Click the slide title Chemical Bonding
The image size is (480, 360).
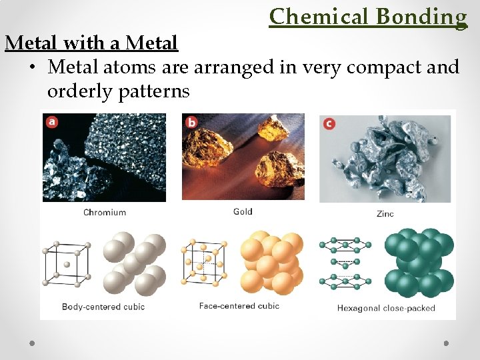(x=368, y=16)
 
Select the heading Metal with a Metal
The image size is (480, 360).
(x=91, y=43)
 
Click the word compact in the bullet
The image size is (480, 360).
(x=372, y=67)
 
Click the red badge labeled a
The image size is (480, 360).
(x=51, y=121)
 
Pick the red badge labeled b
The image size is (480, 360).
(x=192, y=122)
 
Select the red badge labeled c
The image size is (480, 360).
(x=329, y=123)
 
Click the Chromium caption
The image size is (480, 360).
(x=105, y=213)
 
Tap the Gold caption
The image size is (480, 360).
(x=243, y=212)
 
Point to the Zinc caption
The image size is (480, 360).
(x=385, y=213)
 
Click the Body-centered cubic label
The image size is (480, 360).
(x=103, y=307)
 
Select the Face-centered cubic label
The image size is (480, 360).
(x=239, y=306)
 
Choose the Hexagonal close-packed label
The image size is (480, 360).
(x=386, y=308)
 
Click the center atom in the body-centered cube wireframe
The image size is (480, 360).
(x=66, y=265)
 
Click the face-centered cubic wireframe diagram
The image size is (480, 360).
(x=204, y=264)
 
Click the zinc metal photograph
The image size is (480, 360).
(x=385, y=158)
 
